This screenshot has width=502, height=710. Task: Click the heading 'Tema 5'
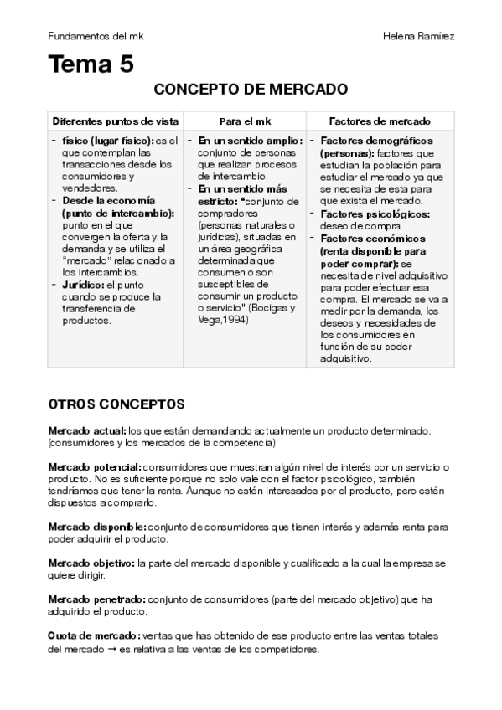pos(91,64)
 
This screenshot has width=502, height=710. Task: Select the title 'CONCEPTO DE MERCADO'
pos(251,90)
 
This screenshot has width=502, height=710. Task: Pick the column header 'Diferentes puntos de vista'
pos(116,121)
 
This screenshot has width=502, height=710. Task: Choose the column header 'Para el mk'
pos(244,121)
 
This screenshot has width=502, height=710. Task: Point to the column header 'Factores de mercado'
pos(380,121)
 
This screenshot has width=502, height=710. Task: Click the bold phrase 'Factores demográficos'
pos(376,141)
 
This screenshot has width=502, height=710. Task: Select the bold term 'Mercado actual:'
pos(87,430)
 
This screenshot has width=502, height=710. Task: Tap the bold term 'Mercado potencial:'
pos(94,466)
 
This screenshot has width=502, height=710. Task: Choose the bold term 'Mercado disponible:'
pos(96,527)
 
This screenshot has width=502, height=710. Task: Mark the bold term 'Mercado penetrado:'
pos(96,599)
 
